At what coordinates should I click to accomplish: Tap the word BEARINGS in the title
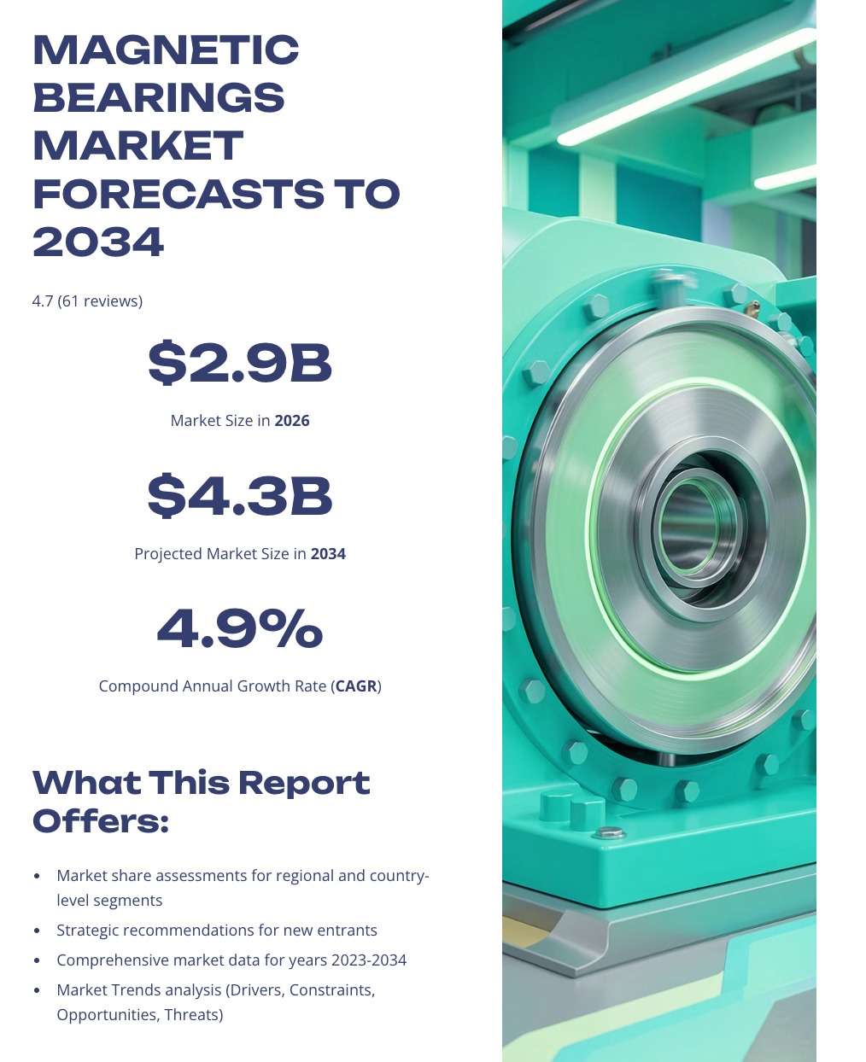[x=159, y=97]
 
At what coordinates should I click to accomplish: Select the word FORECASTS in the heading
[x=179, y=194]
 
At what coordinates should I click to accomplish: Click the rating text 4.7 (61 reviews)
[x=87, y=301]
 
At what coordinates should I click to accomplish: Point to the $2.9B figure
[x=240, y=363]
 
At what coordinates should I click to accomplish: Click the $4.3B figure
[x=240, y=496]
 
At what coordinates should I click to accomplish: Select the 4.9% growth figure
[x=240, y=628]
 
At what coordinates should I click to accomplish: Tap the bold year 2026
[x=292, y=421]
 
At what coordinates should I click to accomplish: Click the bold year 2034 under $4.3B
[x=328, y=554]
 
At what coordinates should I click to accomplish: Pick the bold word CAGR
[x=356, y=686]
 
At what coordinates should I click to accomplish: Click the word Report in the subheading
[x=304, y=783]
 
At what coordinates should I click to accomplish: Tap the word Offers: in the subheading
[x=101, y=821]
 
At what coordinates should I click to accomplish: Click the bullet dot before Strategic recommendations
[x=37, y=931]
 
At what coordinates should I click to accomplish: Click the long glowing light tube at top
[x=687, y=86]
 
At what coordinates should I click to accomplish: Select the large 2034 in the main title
[x=98, y=242]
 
